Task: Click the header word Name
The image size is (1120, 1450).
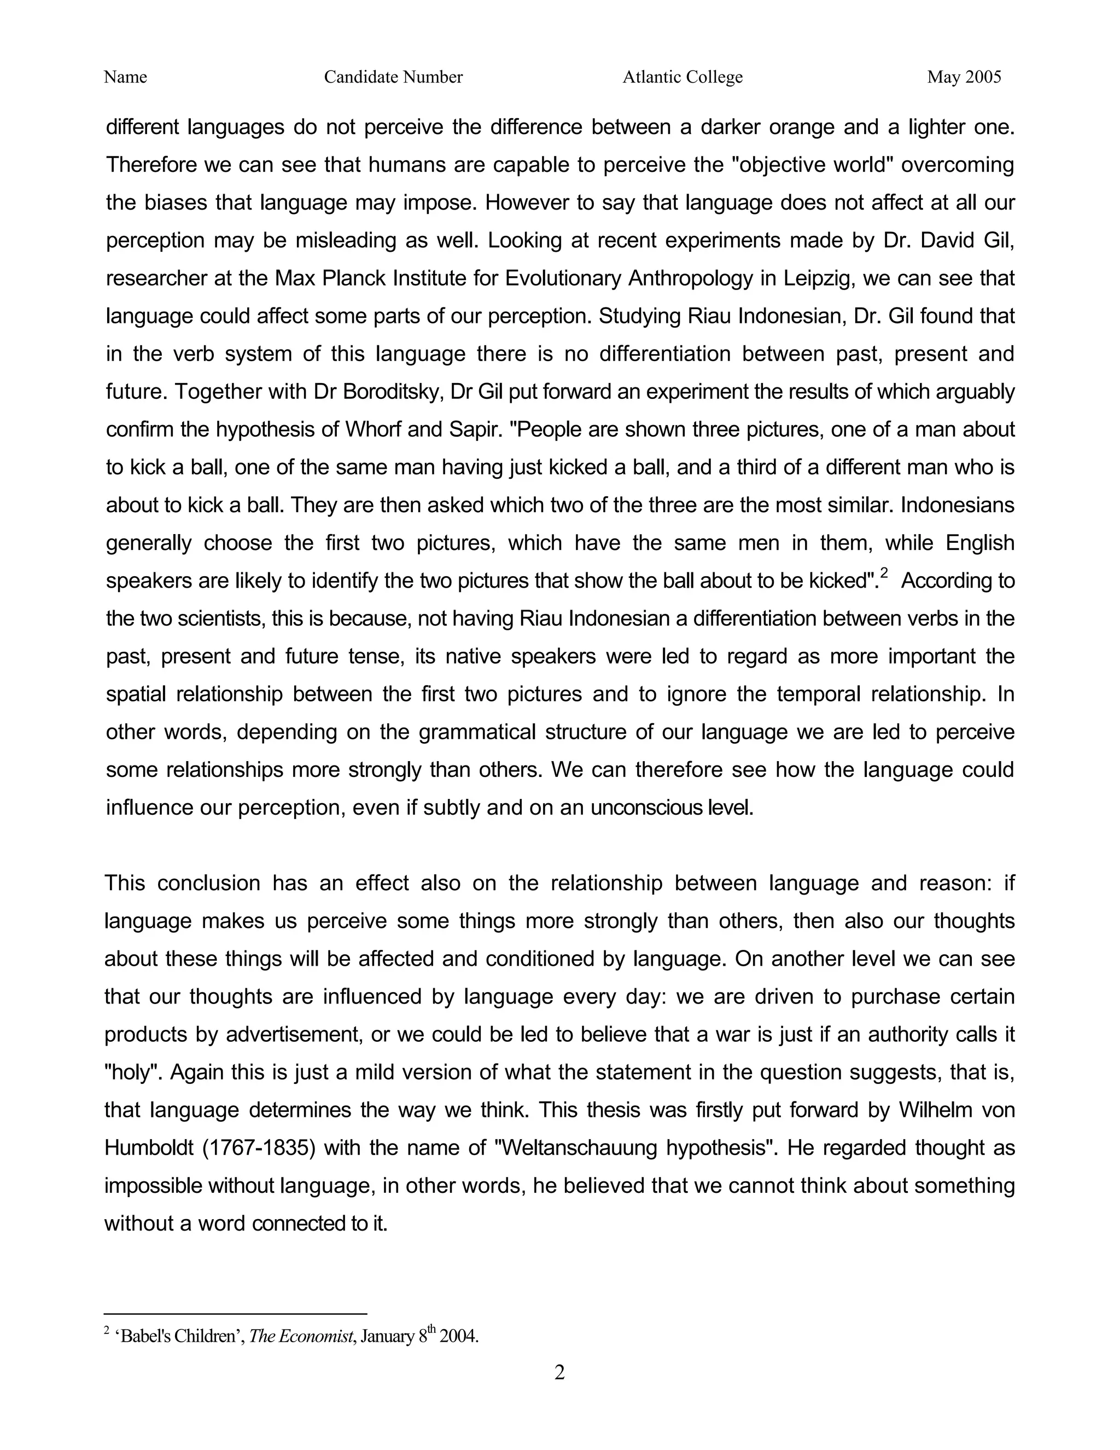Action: pyautogui.click(x=125, y=77)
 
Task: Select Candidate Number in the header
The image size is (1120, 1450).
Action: pyautogui.click(x=393, y=77)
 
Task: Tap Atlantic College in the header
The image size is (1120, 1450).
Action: pyautogui.click(x=682, y=77)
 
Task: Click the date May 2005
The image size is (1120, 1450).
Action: pyautogui.click(x=964, y=77)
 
